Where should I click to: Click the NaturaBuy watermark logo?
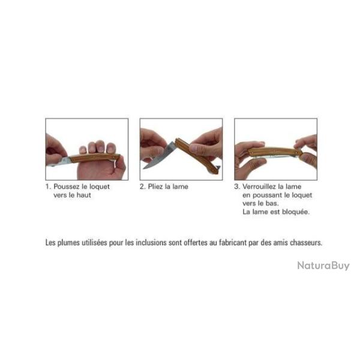[323, 266]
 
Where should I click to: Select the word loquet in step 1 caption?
[100, 187]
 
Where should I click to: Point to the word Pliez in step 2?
[155, 187]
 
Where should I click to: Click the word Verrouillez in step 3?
[259, 187]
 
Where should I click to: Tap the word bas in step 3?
[272, 203]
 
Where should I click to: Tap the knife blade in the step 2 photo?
[159, 155]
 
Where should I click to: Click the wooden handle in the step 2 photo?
[196, 155]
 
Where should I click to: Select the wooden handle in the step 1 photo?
[95, 158]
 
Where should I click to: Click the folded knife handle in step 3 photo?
[275, 152]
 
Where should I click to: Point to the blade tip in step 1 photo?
[49, 165]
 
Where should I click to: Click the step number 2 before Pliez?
[142, 187]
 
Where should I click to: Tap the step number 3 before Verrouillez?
[237, 187]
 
